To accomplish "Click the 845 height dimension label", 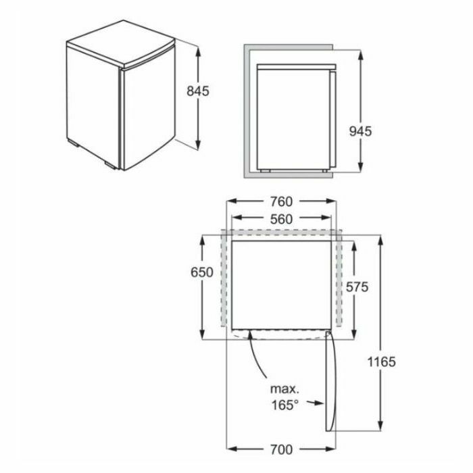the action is pos(197,91).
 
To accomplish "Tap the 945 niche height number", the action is pos(360,131).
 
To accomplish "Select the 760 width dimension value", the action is pos(281,202).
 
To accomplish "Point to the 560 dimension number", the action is pos(281,220).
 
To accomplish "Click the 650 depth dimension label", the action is pos(202,272).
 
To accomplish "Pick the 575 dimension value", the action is pos(357,287).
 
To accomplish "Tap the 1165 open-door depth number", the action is pos(381,362).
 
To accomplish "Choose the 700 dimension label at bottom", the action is pos(281,450).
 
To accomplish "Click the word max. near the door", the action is pos(284,389).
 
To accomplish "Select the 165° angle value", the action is pos(285,405).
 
